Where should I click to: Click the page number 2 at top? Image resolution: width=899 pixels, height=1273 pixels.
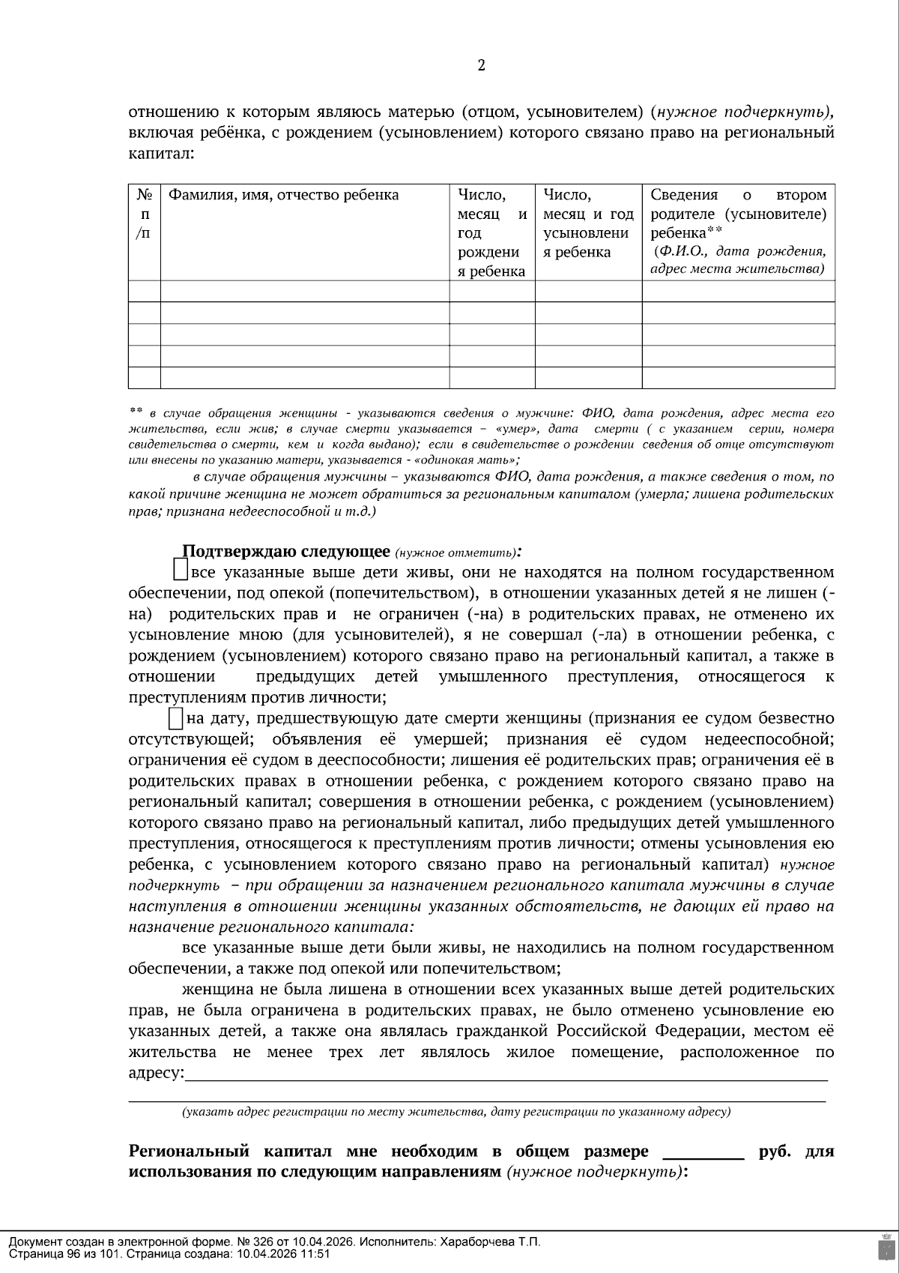(x=481, y=65)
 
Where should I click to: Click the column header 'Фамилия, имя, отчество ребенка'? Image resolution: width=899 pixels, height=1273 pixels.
(x=283, y=196)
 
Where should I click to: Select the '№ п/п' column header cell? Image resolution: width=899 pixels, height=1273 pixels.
(x=145, y=214)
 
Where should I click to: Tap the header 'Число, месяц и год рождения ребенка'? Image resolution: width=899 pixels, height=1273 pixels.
(x=491, y=232)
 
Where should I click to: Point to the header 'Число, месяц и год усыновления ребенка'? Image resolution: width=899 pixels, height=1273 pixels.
(x=588, y=223)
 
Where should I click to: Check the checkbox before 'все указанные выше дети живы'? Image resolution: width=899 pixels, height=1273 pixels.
(x=180, y=571)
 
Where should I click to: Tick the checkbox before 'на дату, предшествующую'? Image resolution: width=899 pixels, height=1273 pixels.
(x=176, y=718)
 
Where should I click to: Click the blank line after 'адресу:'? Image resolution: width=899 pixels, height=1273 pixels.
(x=506, y=1075)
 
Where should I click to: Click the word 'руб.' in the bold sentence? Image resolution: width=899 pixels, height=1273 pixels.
(x=774, y=1152)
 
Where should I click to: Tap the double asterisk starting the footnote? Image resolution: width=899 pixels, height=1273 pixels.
(x=136, y=411)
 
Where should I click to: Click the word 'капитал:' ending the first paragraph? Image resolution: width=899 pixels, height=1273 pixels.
(x=161, y=154)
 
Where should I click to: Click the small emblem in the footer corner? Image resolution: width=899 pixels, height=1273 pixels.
(x=885, y=1248)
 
